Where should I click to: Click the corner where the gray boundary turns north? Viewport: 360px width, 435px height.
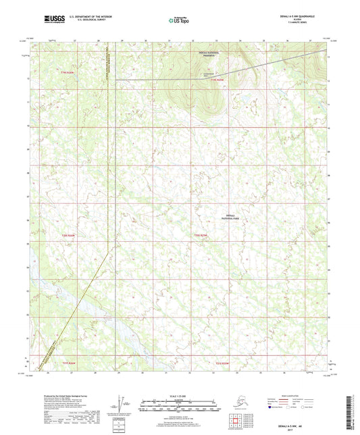tap(116, 80)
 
